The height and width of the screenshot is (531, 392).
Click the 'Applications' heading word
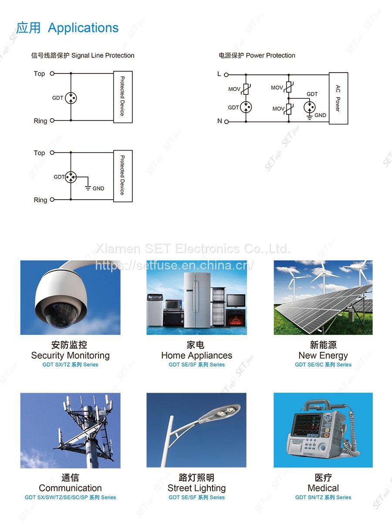click(x=83, y=28)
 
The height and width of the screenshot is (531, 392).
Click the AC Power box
click(x=338, y=98)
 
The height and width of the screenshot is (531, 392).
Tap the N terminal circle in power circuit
click(x=226, y=122)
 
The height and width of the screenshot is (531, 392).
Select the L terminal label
click(x=219, y=74)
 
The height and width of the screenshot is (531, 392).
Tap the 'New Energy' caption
click(x=323, y=355)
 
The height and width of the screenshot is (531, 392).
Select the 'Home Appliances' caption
click(x=196, y=355)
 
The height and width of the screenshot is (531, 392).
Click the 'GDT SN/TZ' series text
click(x=323, y=497)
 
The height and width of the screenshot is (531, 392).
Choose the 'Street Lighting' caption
click(x=196, y=488)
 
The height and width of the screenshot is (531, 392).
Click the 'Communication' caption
click(x=70, y=488)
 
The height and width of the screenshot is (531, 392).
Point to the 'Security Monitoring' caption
click(x=70, y=355)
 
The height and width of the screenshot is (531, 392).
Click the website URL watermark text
click(x=174, y=265)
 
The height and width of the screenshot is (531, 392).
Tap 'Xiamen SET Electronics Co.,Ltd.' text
click(x=193, y=249)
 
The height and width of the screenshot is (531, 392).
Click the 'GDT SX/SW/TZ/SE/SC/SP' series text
click(x=70, y=497)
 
